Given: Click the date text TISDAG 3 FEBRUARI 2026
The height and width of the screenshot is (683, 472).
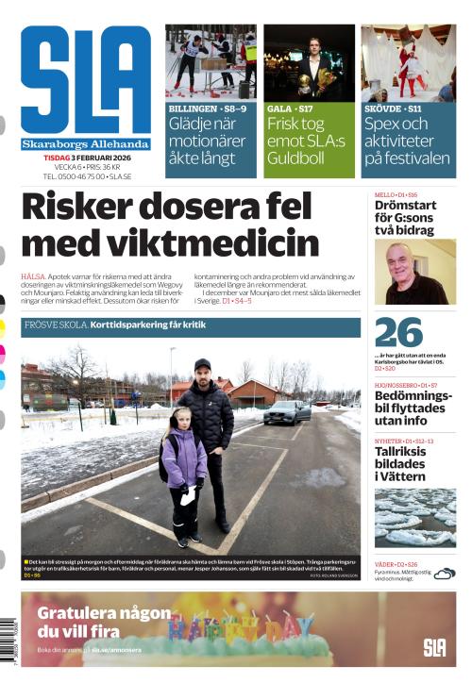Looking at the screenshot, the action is coord(88,157).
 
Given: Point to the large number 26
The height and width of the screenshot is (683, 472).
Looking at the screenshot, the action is coord(398,333).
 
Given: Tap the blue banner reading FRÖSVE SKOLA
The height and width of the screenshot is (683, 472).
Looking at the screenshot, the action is coord(190,326).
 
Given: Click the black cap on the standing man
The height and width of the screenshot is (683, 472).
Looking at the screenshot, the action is coord(202,364).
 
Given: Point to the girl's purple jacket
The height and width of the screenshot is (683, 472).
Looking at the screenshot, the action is coord(184,459).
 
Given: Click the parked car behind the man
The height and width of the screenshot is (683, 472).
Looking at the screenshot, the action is coord(287,412).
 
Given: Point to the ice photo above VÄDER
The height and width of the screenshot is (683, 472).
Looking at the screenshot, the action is coord(414,518).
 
